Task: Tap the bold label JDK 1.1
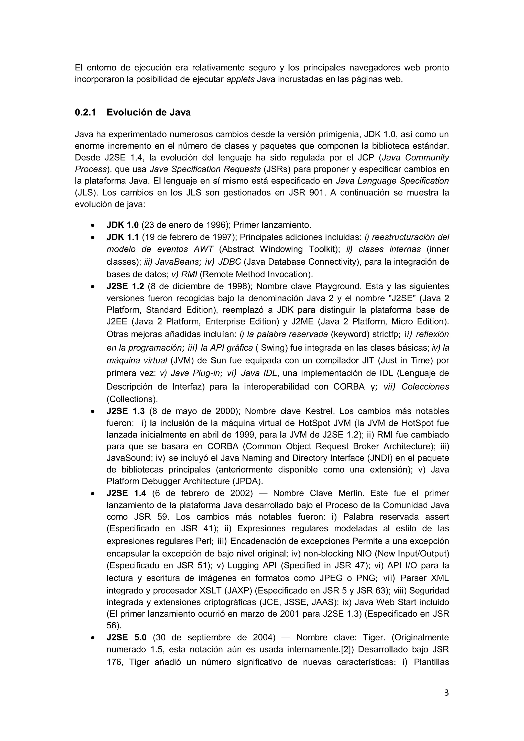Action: point(123,237)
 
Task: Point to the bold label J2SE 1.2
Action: point(125,286)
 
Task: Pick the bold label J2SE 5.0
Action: point(126,637)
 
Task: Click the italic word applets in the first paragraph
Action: point(241,79)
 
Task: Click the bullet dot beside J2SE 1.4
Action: point(93,494)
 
